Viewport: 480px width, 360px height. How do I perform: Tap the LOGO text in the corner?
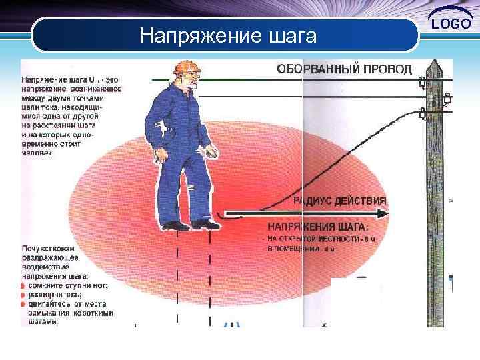453,24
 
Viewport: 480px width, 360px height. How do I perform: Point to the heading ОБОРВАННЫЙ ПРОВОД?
344,69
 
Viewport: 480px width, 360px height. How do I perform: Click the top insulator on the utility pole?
423,83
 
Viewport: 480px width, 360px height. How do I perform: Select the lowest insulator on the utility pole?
421,113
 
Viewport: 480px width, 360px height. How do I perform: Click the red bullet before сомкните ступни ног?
23,285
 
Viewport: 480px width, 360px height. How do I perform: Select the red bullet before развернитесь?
23,295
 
